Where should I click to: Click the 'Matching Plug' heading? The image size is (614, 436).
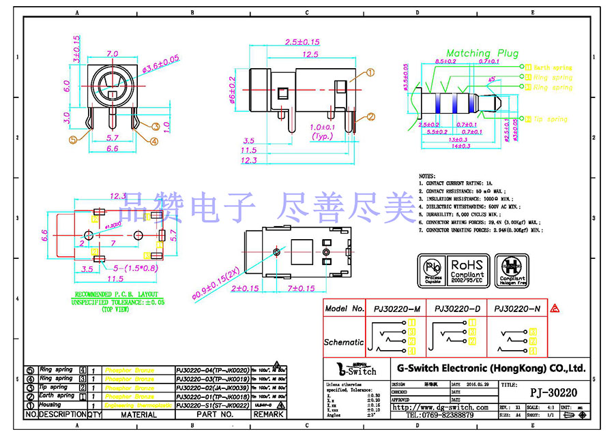coord(482,53)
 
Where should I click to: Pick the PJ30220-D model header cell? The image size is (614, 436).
coord(458,309)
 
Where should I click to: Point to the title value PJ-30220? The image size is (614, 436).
coord(553,393)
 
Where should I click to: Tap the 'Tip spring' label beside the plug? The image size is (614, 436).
coord(549,119)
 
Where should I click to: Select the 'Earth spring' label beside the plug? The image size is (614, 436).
coord(552,67)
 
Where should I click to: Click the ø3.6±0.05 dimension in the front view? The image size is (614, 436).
coord(160,61)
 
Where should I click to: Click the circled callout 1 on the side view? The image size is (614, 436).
coord(371,72)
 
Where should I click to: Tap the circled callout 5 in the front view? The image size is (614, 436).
coord(74,140)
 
